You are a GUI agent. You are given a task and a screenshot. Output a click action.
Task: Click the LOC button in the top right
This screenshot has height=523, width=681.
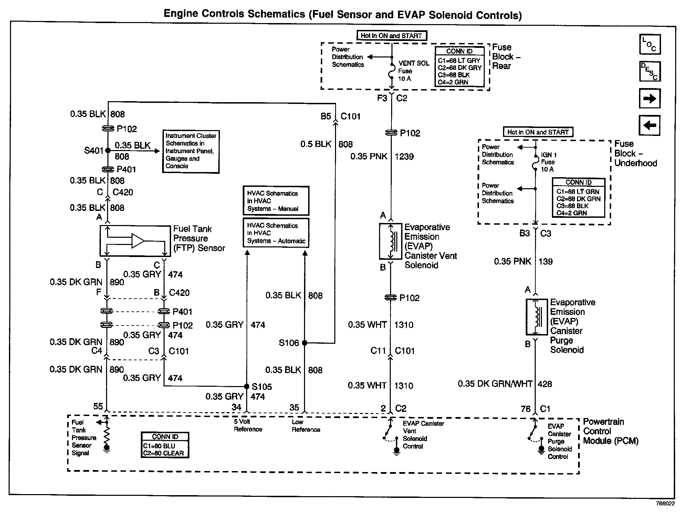[x=650, y=44]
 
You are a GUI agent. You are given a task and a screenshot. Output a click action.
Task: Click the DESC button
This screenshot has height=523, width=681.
[x=650, y=71]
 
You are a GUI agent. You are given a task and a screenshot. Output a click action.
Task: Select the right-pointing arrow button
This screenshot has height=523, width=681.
[x=650, y=99]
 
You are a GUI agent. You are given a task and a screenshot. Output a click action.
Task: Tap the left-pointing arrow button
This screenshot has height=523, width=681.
[x=650, y=125]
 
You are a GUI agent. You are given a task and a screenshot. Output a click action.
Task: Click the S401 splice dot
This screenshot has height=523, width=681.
[x=108, y=150]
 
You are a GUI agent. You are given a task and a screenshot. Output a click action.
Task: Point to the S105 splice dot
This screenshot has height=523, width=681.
[x=247, y=386]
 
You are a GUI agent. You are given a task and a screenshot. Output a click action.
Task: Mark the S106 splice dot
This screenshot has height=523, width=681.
[x=304, y=343]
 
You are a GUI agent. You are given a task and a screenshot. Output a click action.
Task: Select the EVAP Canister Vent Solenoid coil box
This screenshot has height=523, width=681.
[x=390, y=241]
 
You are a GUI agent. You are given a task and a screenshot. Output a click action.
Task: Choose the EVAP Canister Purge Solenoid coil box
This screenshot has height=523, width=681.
[x=536, y=317]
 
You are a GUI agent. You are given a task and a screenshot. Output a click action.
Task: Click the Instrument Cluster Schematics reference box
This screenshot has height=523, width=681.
[x=191, y=151]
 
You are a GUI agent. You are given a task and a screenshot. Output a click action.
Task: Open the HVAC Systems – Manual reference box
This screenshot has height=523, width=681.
[x=276, y=201]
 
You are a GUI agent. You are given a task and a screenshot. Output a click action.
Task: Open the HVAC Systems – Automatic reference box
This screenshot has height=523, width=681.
[x=276, y=233]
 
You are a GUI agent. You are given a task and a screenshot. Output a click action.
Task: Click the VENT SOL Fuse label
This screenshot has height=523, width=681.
[x=413, y=71]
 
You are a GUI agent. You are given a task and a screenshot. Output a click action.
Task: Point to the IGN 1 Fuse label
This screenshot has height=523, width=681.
[x=548, y=162]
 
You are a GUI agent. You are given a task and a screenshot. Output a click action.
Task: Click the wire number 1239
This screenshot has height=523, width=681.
[x=404, y=157]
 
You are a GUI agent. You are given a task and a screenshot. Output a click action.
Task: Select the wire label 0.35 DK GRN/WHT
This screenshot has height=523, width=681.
[x=495, y=384]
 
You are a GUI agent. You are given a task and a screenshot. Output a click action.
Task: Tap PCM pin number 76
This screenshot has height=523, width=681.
[x=525, y=409]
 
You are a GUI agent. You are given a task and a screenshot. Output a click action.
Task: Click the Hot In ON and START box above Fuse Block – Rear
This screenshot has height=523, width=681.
[x=391, y=36]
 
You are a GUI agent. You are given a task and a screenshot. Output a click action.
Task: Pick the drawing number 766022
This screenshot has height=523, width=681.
[x=665, y=503]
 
